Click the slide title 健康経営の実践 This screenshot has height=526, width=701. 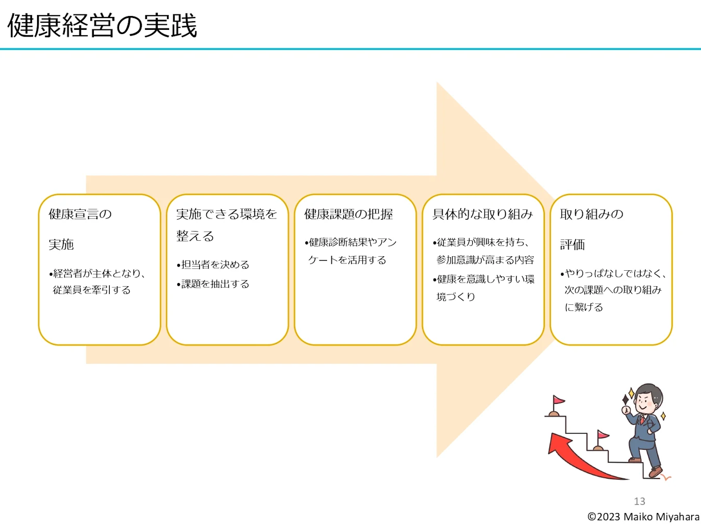102,25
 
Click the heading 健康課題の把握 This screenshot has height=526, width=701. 348,214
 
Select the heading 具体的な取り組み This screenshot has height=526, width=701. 482,214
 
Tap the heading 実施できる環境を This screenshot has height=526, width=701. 226,214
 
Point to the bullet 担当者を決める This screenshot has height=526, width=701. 215,265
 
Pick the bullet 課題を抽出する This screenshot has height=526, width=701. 215,284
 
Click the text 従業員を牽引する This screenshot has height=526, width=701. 92,290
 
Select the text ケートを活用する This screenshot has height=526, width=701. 347,260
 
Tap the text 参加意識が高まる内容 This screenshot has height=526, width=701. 485,260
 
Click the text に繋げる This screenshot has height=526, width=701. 583,307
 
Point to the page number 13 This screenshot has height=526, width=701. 639,501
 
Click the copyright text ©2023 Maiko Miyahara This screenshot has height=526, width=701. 643,517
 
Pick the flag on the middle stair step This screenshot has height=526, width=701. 602,436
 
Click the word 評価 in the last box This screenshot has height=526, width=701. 573,244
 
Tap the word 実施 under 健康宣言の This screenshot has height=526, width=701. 61,244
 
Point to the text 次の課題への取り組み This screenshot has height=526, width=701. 613,290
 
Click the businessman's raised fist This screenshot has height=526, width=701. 626,410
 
